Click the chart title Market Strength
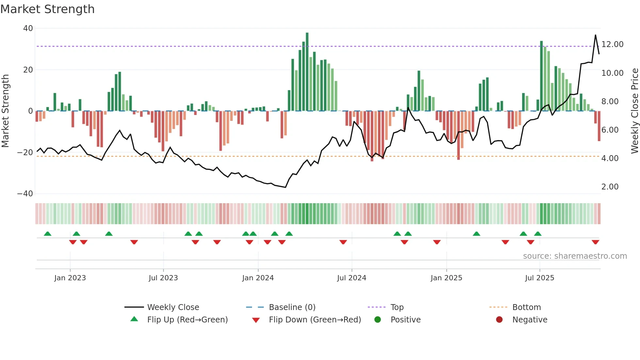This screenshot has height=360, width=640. point(47,9)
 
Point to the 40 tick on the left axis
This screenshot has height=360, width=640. point(28,28)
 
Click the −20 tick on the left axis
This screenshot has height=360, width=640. point(25,152)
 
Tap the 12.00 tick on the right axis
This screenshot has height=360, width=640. point(612,44)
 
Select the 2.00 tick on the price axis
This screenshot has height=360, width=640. point(610,187)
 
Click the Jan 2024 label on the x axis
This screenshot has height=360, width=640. point(258,278)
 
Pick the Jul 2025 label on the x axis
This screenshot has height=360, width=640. point(539,278)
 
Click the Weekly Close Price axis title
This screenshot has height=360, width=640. point(634,111)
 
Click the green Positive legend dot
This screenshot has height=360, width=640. point(378,320)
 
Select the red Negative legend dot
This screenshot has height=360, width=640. point(499,320)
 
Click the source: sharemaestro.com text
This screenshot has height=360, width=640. point(575,256)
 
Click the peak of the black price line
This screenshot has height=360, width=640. point(595,35)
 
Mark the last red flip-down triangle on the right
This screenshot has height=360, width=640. point(595,242)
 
